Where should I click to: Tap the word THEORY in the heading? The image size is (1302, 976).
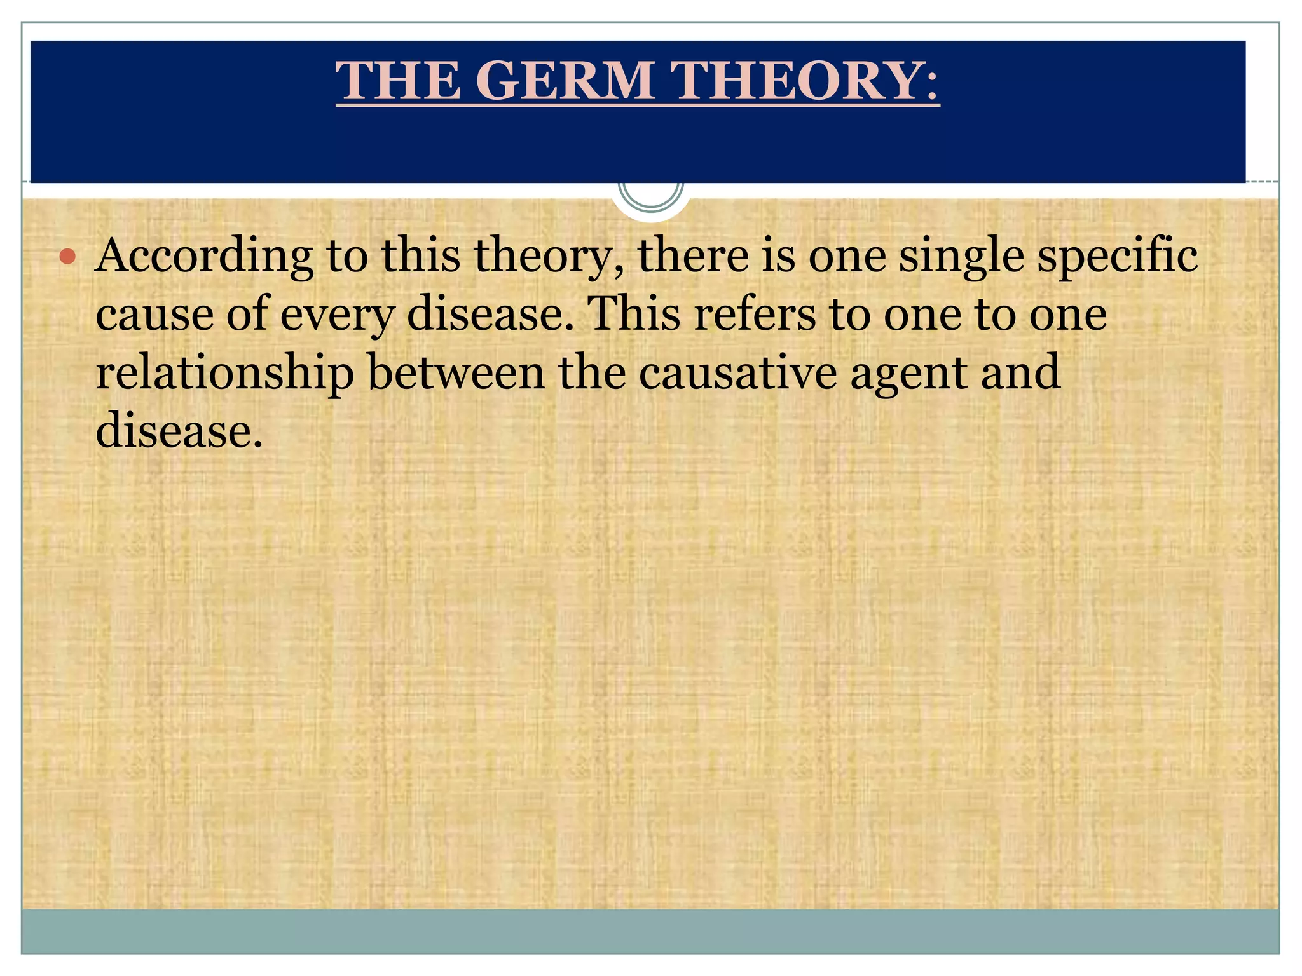click(805, 81)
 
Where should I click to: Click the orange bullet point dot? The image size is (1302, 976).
click(67, 257)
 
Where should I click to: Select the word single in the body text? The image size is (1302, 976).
click(961, 256)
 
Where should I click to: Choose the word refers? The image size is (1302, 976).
click(755, 314)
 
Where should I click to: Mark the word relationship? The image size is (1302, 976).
click(224, 374)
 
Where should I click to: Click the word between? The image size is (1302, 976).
click(456, 372)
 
